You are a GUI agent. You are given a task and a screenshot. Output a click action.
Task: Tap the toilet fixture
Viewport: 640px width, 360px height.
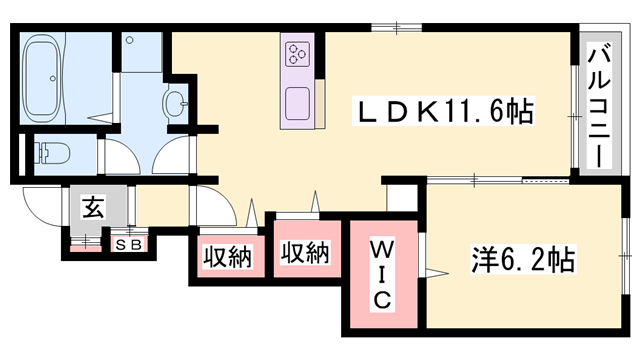[50, 153]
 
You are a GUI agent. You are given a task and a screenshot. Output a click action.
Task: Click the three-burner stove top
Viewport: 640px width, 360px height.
[299, 54]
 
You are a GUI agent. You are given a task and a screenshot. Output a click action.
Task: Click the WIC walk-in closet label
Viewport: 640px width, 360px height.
[384, 273]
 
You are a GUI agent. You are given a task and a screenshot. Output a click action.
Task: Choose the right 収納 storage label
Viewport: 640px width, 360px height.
[305, 253]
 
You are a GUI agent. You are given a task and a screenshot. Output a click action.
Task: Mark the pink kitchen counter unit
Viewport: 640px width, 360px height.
[299, 79]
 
